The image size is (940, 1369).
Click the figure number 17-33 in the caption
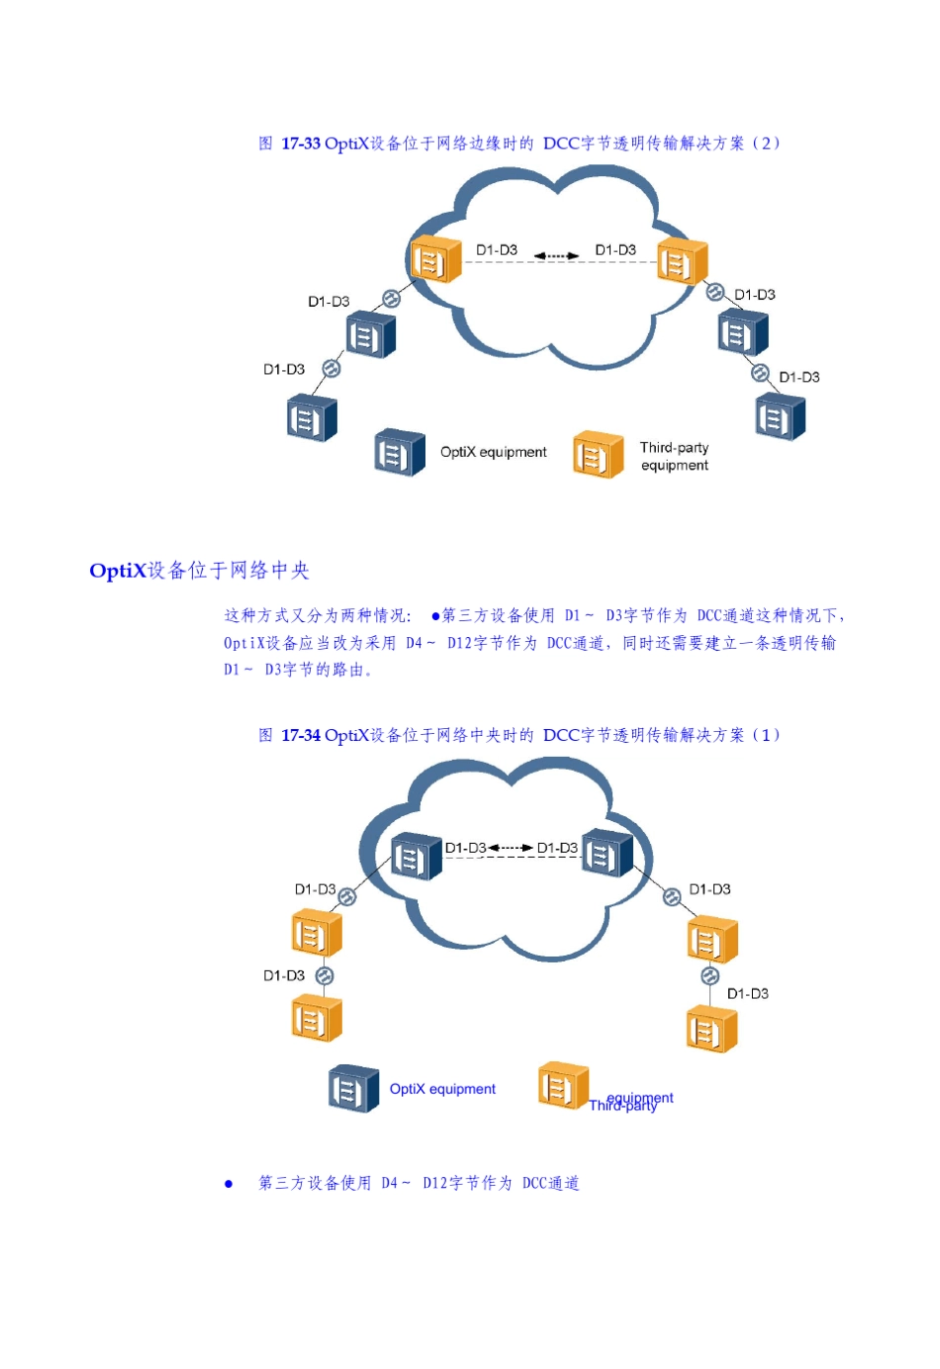(301, 143)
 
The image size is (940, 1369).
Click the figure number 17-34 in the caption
(301, 735)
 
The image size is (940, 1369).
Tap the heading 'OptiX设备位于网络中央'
(199, 571)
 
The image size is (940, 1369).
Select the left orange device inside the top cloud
(435, 260)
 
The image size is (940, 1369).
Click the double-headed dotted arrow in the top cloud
(556, 256)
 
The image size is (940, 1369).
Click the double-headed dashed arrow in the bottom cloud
(511, 848)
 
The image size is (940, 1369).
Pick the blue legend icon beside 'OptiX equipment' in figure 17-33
(399, 453)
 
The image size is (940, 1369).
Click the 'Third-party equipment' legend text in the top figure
(674, 456)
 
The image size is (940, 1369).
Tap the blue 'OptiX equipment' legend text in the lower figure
(442, 1089)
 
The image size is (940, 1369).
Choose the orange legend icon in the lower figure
(562, 1086)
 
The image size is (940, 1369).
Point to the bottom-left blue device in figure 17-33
(311, 417)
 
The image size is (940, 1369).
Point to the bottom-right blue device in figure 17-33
(780, 416)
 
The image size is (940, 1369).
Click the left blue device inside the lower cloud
(416, 857)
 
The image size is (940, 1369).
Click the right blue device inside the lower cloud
(607, 854)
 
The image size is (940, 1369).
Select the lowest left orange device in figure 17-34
(317, 1019)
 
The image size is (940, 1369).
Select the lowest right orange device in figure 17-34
(710, 1030)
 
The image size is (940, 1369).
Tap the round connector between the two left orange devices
(325, 976)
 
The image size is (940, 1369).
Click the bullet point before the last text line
(229, 1184)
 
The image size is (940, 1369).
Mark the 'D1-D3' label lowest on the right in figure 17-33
(799, 377)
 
